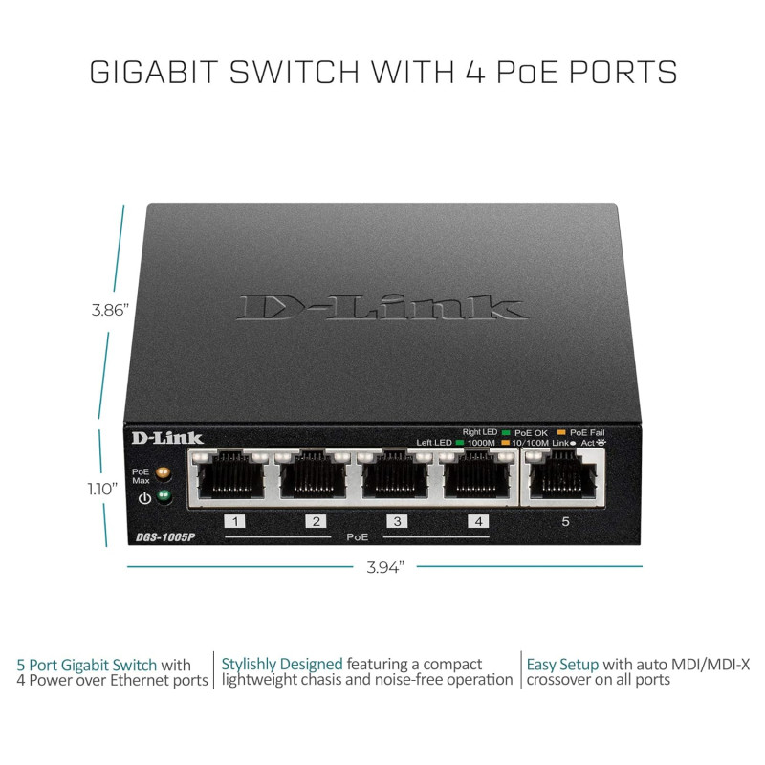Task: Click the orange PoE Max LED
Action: (163, 472)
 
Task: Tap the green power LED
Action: (164, 496)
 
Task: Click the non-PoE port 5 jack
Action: (563, 476)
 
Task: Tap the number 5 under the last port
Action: (565, 521)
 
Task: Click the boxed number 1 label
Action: (234, 521)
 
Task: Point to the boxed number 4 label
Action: (479, 521)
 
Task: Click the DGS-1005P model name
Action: (165, 537)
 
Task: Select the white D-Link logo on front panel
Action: (167, 438)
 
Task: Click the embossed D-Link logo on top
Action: (382, 307)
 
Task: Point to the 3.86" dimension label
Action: (110, 310)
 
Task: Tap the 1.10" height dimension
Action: (102, 489)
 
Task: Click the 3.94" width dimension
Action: (385, 567)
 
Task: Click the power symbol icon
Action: (144, 498)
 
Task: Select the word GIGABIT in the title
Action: (153, 73)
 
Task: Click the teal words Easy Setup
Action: (562, 665)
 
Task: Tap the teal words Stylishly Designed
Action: (282, 665)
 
